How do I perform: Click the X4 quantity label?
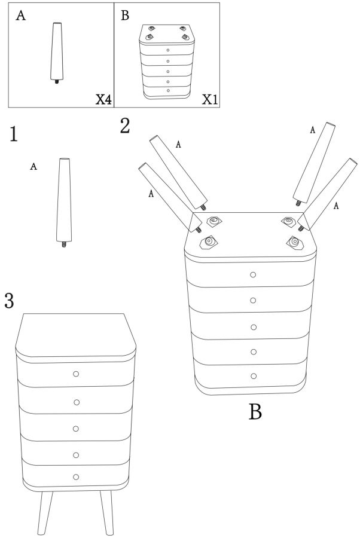[x=103, y=99]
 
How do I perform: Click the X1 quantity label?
[x=210, y=99]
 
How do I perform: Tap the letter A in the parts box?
[x=20, y=16]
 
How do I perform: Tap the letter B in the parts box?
[x=125, y=16]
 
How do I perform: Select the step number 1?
[x=13, y=134]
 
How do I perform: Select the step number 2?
[x=125, y=126]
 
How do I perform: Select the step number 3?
[x=9, y=301]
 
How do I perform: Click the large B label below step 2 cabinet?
[x=255, y=411]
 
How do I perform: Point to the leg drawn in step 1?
[x=64, y=203]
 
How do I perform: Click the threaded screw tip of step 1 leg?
[x=64, y=244]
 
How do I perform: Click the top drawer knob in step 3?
[x=76, y=374]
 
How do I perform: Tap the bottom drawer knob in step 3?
[x=76, y=477]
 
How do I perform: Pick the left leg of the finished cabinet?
[x=45, y=513]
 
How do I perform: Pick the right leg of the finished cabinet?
[x=106, y=513]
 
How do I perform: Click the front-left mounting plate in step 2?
[x=209, y=242]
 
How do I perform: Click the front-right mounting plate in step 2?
[x=295, y=243]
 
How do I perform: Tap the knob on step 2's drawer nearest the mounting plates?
[x=254, y=274]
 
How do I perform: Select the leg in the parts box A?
[x=57, y=53]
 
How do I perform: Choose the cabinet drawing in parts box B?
[x=167, y=62]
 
